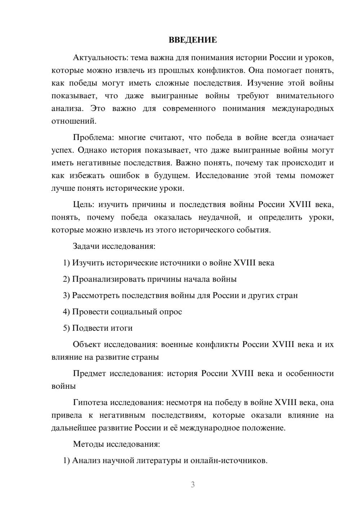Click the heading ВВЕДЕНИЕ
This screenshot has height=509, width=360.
point(193,40)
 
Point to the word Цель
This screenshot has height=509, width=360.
point(83,205)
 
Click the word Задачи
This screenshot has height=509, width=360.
point(86,247)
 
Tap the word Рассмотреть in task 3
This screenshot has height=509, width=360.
point(96,296)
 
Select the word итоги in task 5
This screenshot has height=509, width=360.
point(121,328)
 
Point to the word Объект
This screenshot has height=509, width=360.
point(86,344)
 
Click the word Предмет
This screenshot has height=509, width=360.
point(89,374)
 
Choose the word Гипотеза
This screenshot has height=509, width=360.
point(90,403)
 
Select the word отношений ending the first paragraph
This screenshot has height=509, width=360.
point(74,121)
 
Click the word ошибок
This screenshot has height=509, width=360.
point(125,176)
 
